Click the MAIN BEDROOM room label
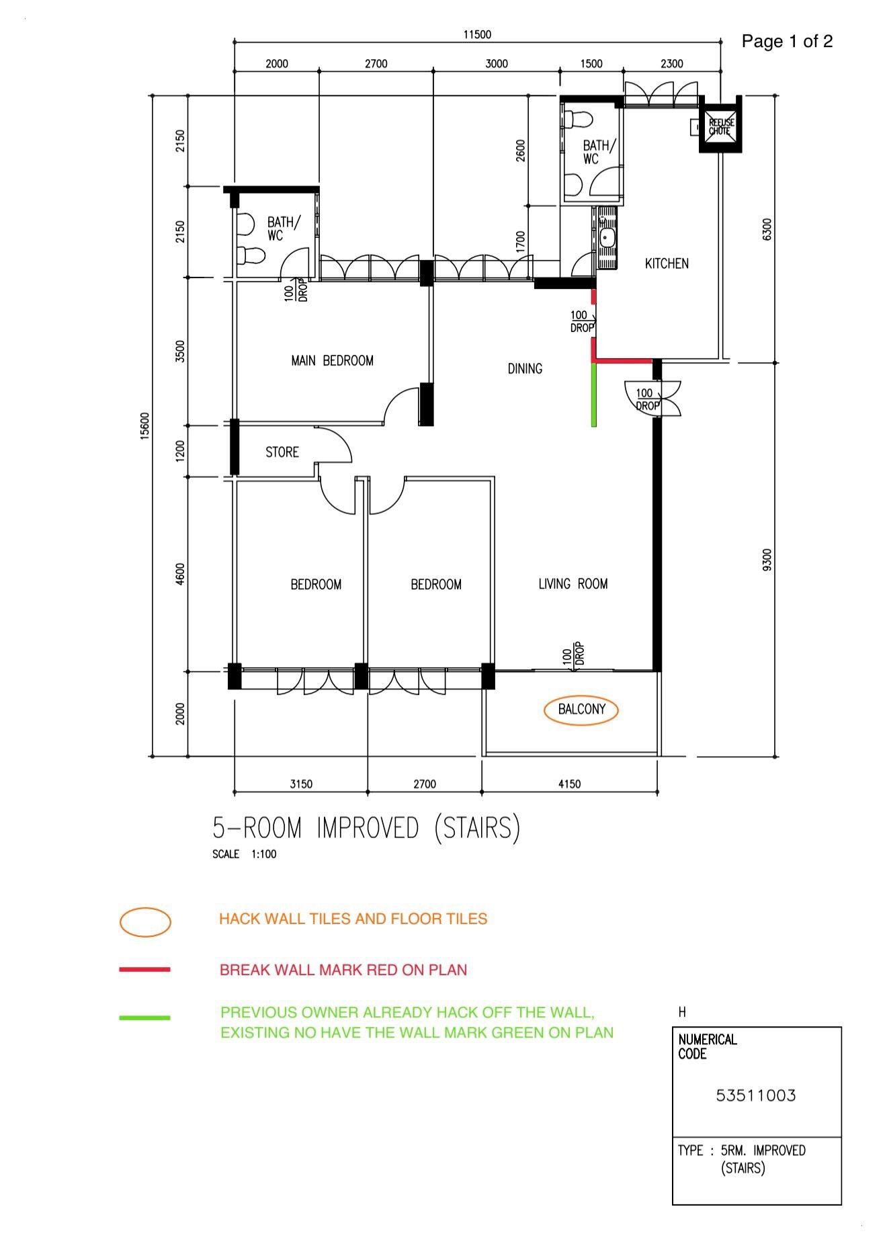[332, 361]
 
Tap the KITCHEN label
[667, 263]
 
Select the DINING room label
[525, 368]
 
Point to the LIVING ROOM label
[573, 584]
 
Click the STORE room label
[282, 452]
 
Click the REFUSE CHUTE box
[721, 126]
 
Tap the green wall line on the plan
[593, 394]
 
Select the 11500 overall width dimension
[477, 35]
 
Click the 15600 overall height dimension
[145, 426]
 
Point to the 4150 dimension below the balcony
[569, 784]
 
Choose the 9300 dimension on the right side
[767, 560]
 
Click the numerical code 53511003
[756, 1096]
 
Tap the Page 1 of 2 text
[787, 41]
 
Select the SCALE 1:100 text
[245, 854]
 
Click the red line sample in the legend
[144, 970]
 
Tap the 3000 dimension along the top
[497, 64]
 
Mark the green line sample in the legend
[144, 1018]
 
